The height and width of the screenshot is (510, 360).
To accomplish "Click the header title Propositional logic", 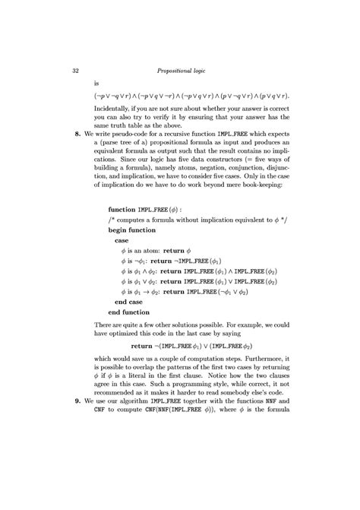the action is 191,71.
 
